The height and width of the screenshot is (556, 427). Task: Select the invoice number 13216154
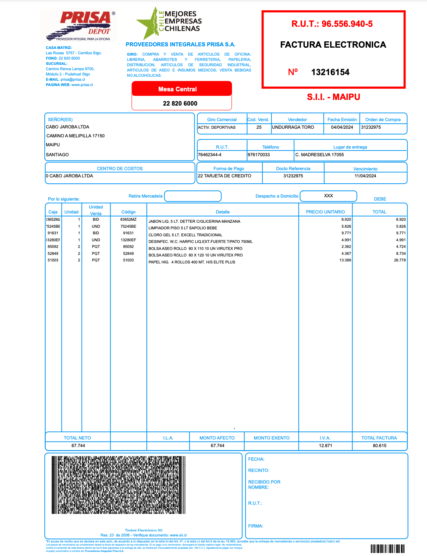[x=330, y=72]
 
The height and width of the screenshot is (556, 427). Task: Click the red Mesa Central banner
[x=181, y=89]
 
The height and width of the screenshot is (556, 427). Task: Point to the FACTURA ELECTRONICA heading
[x=333, y=45]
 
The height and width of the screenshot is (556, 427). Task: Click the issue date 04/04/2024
[x=342, y=127]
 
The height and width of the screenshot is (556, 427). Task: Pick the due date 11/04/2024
[x=365, y=176]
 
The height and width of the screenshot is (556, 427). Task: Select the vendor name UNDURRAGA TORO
[x=293, y=127]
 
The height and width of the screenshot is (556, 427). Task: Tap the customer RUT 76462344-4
[x=210, y=155]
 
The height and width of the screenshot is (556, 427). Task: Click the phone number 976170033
[x=259, y=155]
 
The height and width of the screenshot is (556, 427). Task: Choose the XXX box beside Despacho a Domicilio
[x=328, y=196]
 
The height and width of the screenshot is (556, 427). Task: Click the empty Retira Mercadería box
[x=193, y=196]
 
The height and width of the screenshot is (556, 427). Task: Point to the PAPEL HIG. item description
[x=192, y=262]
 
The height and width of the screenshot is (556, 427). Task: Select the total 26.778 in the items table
[x=400, y=260]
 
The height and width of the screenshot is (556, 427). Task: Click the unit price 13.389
[x=345, y=260]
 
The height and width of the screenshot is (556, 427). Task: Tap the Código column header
[x=128, y=212]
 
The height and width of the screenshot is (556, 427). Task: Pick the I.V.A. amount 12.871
[x=325, y=446]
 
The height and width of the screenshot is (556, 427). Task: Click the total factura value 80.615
[x=379, y=446]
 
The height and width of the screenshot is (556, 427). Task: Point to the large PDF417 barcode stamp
[x=118, y=485]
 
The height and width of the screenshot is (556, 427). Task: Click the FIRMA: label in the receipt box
[x=256, y=526]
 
